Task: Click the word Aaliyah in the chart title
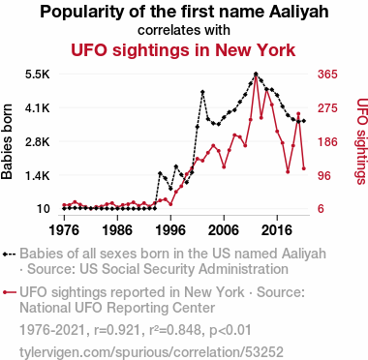pyautogui.click(x=299, y=12)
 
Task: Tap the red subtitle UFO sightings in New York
pyautogui.click(x=183, y=50)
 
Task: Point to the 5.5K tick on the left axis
pyautogui.click(x=38, y=75)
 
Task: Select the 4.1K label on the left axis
pyautogui.click(x=38, y=107)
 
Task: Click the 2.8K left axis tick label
pyautogui.click(x=38, y=141)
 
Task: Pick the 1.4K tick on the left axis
pyautogui.click(x=38, y=175)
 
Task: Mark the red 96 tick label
pyautogui.click(x=324, y=175)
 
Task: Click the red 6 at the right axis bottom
pyautogui.click(x=321, y=209)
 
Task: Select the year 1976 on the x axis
pyautogui.click(x=64, y=230)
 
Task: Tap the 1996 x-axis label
pyautogui.click(x=170, y=230)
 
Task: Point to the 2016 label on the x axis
pyautogui.click(x=277, y=230)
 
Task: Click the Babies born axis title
pyautogui.click(x=7, y=141)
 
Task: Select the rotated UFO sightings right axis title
pyautogui.click(x=362, y=141)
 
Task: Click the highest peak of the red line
pyautogui.click(x=256, y=76)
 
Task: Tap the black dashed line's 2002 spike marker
pyautogui.click(x=202, y=92)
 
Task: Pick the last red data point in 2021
pyautogui.click(x=304, y=168)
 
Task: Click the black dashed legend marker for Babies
pyautogui.click(x=9, y=255)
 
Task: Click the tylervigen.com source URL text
pyautogui.click(x=151, y=352)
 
